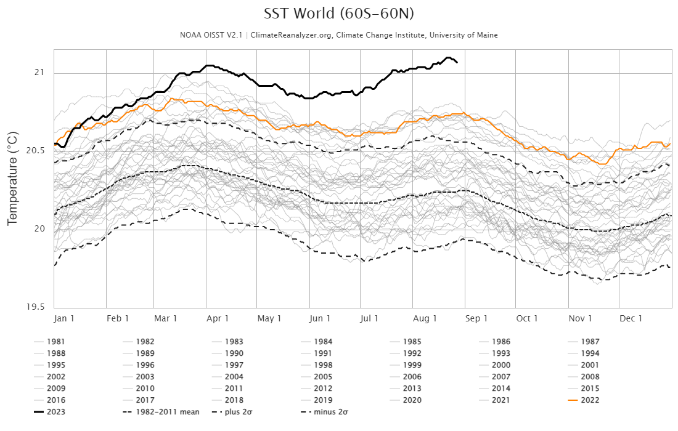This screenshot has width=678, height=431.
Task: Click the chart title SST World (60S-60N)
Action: tap(338, 14)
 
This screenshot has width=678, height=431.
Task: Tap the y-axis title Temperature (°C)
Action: tap(12, 179)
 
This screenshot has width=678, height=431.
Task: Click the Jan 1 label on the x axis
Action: tap(65, 318)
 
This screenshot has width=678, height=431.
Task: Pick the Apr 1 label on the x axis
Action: tap(218, 318)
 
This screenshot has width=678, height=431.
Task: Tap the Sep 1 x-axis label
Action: tap(476, 318)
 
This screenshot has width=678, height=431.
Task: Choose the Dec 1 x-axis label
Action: tap(631, 318)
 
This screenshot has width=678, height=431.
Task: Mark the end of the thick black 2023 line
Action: tap(457, 62)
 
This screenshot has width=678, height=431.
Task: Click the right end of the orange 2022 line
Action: tap(670, 144)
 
